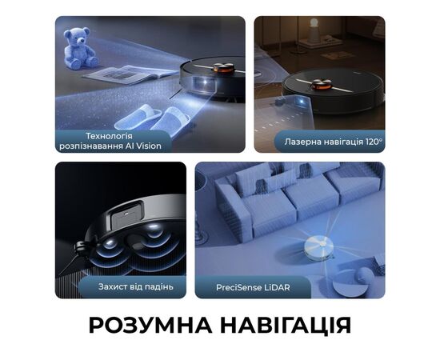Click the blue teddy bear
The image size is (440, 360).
80,48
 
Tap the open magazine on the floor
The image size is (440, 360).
130,74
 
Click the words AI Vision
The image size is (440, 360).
141,146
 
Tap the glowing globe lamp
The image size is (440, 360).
314,30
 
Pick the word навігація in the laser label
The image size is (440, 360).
342,142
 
